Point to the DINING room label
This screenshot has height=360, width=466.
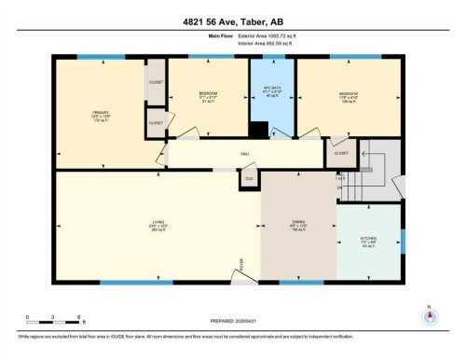tap(296, 224)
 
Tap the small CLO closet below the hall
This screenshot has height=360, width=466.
tap(249, 177)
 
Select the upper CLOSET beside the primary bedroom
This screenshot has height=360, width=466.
tap(156, 81)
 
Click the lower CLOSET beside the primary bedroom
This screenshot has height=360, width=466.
tap(155, 121)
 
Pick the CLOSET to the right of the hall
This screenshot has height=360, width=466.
tap(342, 153)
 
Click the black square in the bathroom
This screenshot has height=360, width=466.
tap(264, 131)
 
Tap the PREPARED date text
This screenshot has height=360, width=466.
tap(233, 321)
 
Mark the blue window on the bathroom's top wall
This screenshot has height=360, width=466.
tap(272, 59)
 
